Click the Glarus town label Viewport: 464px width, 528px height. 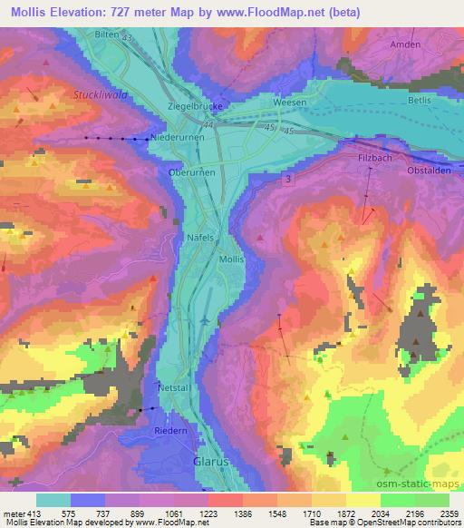pos(208,462)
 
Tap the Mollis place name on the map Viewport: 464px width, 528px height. pos(232,259)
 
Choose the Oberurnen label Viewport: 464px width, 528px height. pos(189,171)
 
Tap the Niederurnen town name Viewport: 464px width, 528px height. pos(176,137)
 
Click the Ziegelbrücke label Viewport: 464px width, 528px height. pos(196,106)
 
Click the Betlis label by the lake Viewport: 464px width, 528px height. pos(418,104)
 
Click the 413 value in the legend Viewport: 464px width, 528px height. pos(33,513)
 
